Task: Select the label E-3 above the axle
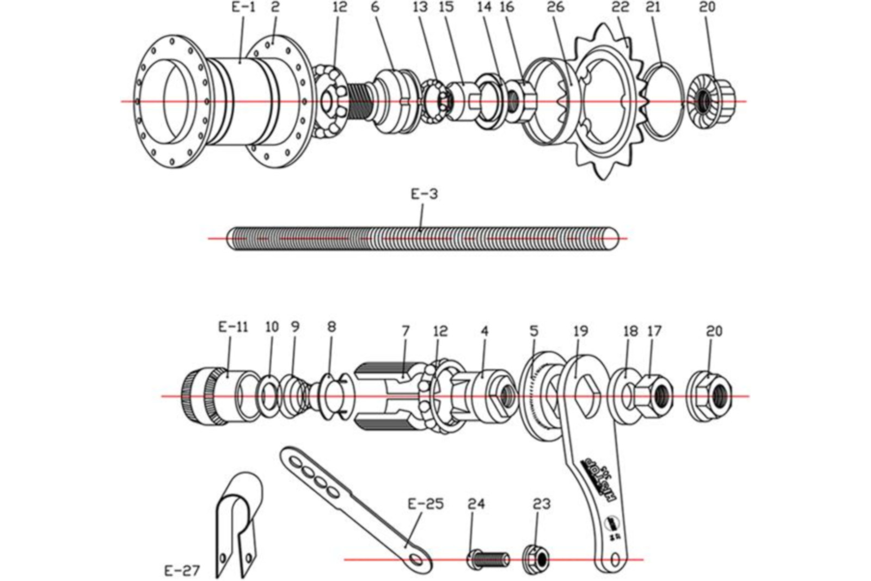(x=424, y=194)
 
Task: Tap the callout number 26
(x=556, y=7)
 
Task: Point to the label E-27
(x=182, y=571)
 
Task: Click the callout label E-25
(x=426, y=504)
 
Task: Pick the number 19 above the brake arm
(x=581, y=331)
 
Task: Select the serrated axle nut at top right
(x=712, y=101)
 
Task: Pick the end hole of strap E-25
(x=418, y=559)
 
